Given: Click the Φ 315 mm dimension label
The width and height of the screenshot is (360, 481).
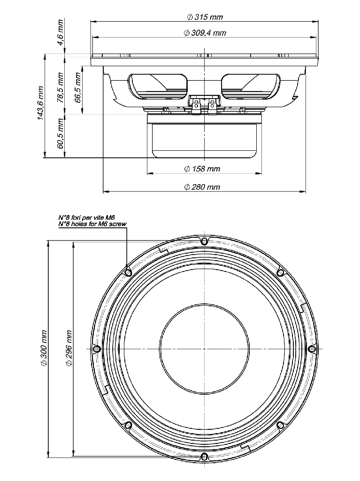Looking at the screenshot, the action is pos(205,17).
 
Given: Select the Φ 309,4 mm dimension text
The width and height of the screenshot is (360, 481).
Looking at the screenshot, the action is pos(205,33).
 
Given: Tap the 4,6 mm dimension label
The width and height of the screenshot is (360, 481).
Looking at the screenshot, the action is pos(61,33).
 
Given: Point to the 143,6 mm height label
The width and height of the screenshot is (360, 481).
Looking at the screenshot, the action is pos(40,103).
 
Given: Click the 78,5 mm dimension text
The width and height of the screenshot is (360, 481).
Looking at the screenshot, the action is pos(61,87).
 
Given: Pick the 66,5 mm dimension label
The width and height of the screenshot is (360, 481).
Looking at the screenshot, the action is pos(78,87).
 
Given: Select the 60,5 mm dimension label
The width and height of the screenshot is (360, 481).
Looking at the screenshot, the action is pos(61,133).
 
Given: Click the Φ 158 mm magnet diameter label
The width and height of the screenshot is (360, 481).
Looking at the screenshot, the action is pos(202,169).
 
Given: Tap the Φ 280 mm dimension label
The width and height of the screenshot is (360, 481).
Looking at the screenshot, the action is pos(202,187).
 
